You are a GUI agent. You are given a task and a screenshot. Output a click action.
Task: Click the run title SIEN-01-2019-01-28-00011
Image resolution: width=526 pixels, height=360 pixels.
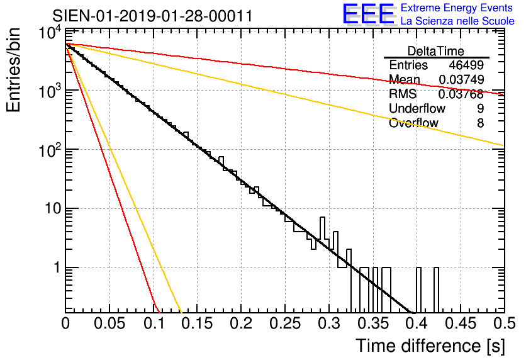pos(153,16)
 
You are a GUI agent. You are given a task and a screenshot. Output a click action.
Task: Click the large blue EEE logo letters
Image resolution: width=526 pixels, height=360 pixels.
pos(368,14)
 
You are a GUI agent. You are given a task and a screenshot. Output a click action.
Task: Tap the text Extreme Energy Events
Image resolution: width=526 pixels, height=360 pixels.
pos(457,8)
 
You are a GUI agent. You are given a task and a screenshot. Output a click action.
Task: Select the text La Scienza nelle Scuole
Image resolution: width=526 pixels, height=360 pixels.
pos(457,21)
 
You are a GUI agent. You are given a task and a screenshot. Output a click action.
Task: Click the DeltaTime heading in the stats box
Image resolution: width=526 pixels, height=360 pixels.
pos(436,51)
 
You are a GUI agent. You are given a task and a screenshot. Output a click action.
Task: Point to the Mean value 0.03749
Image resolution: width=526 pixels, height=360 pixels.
pos(461,80)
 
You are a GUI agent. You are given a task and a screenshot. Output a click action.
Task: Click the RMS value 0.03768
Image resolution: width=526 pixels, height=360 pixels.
pos(461,94)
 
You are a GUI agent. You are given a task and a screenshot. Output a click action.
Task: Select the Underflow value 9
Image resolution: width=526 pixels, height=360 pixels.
pos(480,109)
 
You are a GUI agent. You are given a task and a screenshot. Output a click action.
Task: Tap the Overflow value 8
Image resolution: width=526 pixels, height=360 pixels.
pos(480,123)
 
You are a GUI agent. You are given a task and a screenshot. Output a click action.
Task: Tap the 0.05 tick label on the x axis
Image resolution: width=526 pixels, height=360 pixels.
pos(109,323)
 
